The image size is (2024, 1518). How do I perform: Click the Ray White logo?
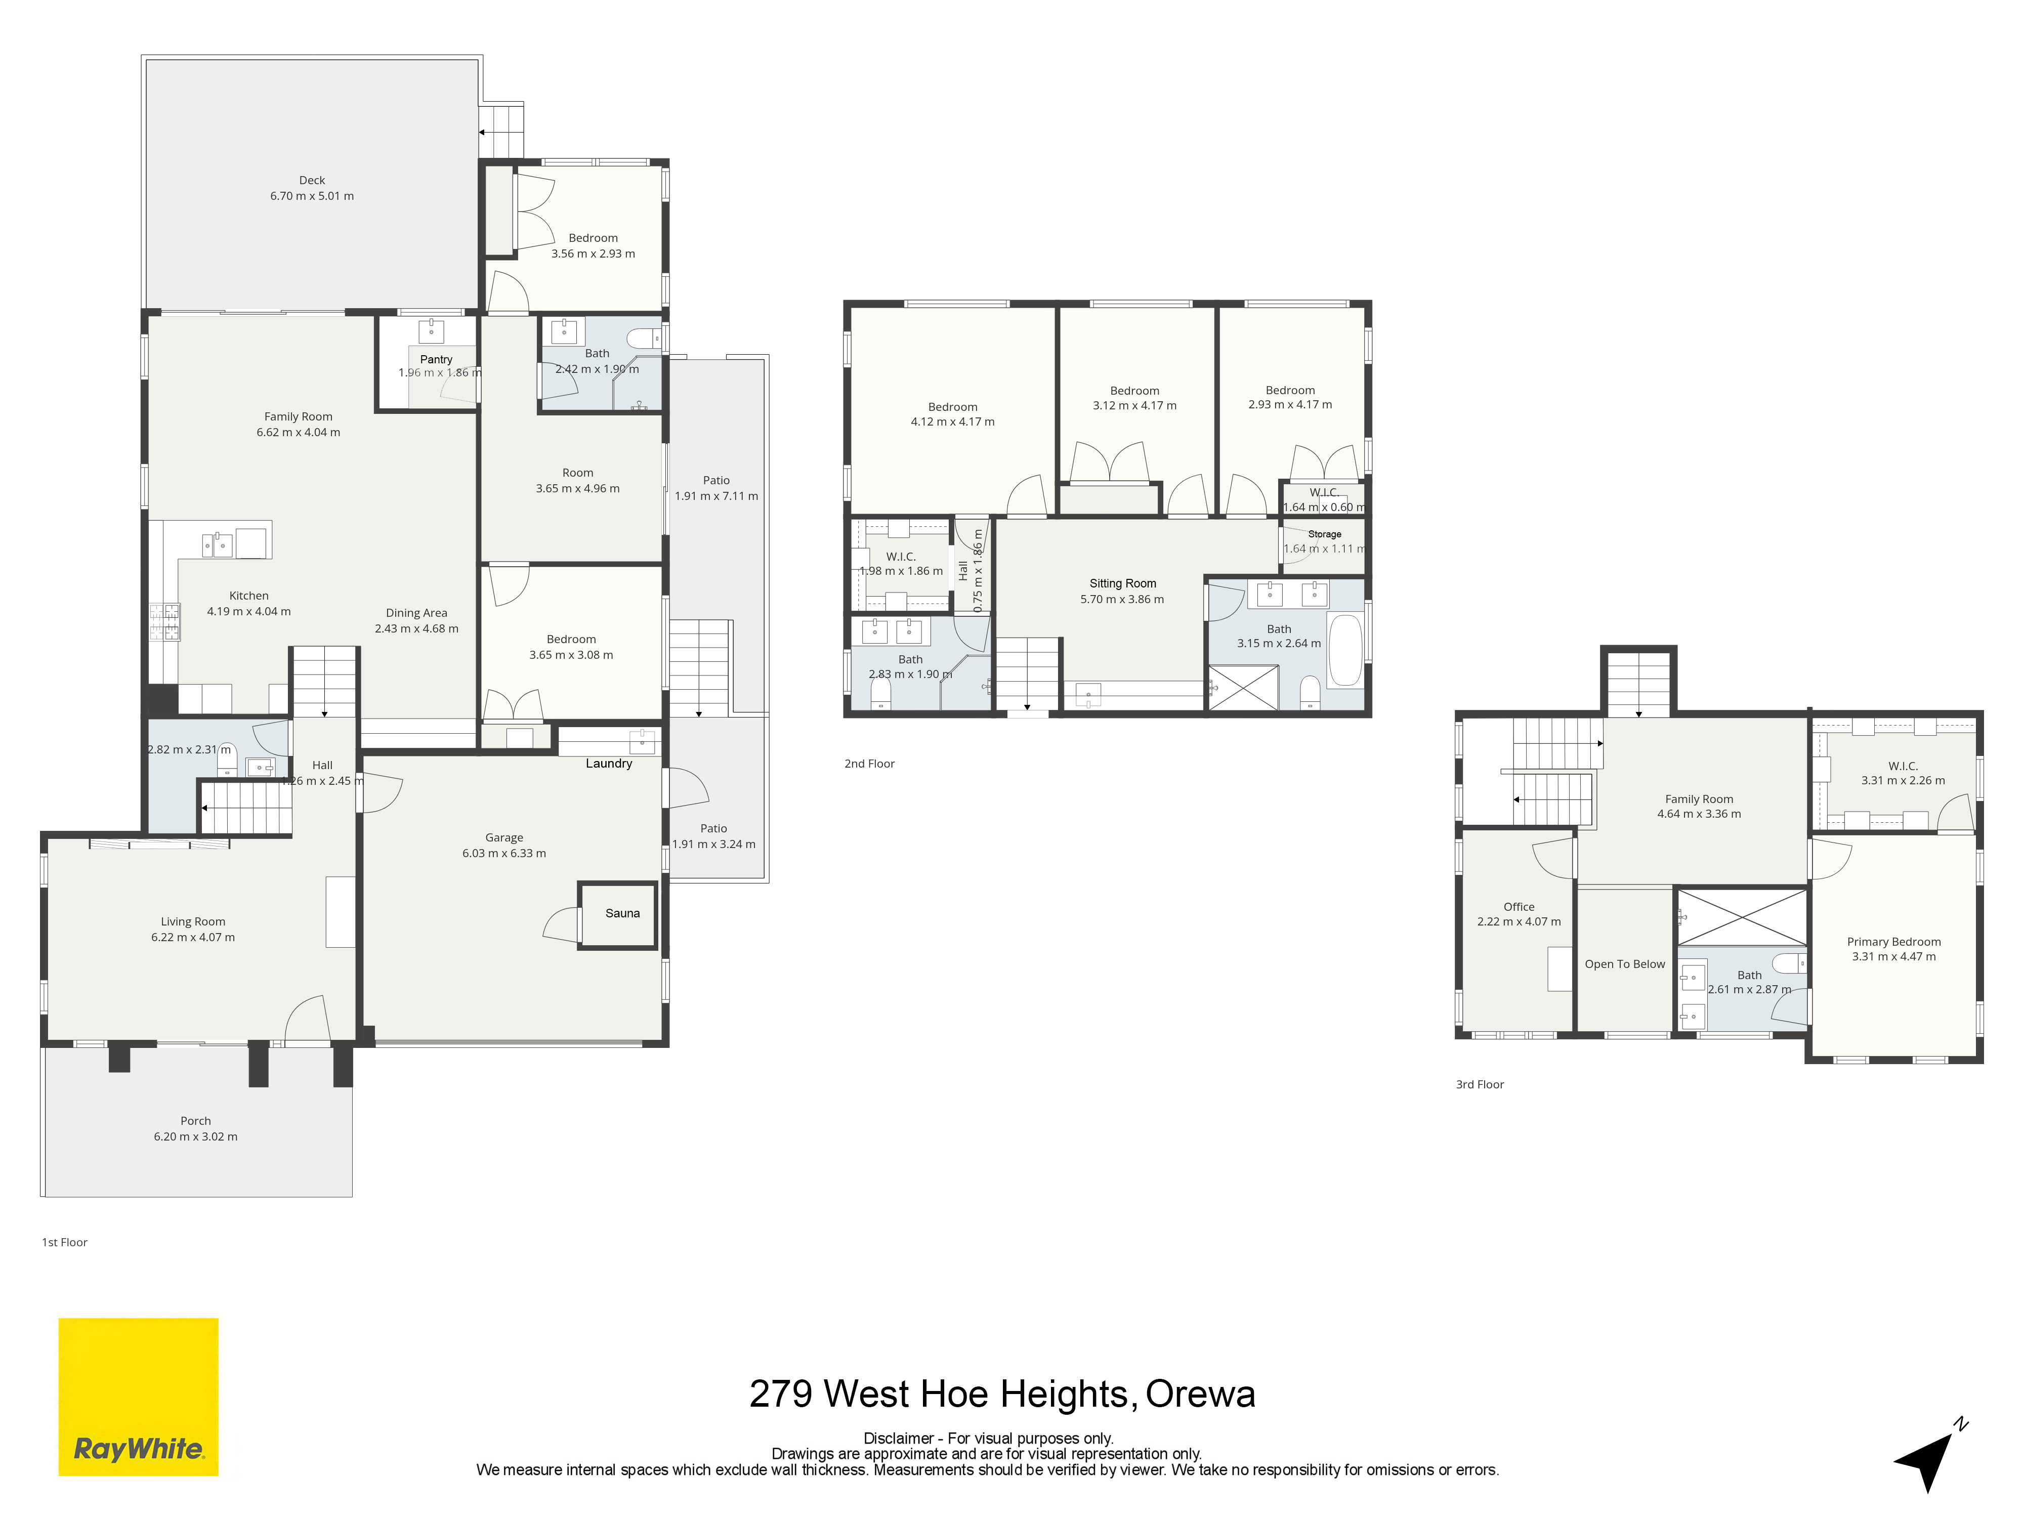[x=138, y=1396]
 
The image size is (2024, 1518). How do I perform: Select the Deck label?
[x=312, y=180]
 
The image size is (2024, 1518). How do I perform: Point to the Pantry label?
[x=437, y=360]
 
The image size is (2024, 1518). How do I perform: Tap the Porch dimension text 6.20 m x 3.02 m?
[x=196, y=1136]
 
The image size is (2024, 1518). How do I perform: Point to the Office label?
[x=1519, y=907]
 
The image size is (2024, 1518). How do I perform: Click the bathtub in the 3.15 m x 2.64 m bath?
[x=1345, y=651]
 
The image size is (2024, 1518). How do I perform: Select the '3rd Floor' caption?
[x=1480, y=1084]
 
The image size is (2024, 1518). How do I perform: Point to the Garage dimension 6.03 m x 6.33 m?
[x=504, y=853]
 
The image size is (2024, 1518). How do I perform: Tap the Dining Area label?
[x=416, y=613]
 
